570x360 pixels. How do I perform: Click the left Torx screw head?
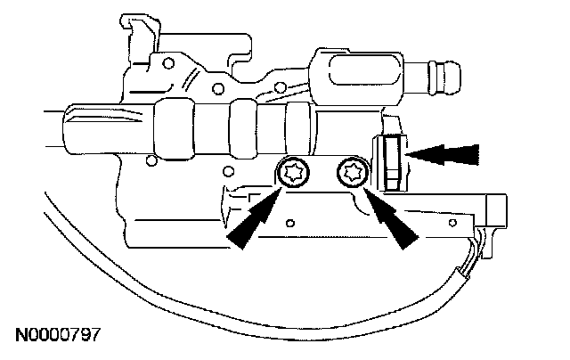tap(291, 172)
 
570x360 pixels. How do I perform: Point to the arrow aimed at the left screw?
tap(256, 218)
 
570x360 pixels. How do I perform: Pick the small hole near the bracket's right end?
tap(453, 219)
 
